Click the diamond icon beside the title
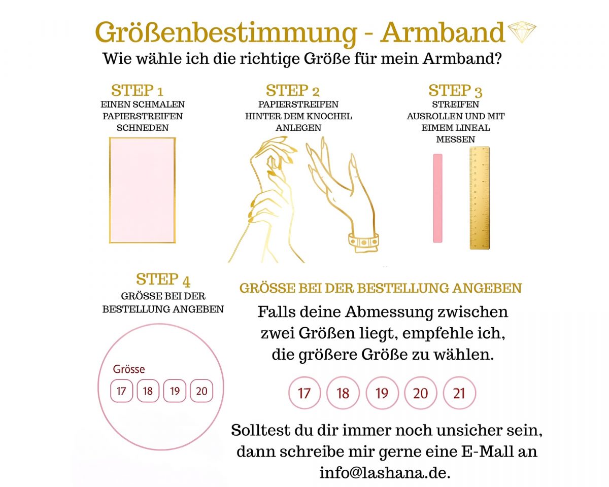click(x=522, y=32)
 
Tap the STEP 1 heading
click(x=137, y=91)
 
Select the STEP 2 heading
click(x=293, y=91)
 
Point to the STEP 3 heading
click(x=455, y=91)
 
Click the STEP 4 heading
click(x=163, y=280)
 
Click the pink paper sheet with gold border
click(x=142, y=190)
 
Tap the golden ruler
click(x=479, y=198)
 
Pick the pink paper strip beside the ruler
click(x=437, y=198)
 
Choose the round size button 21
click(x=459, y=393)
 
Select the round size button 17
click(x=304, y=393)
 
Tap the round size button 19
click(x=382, y=393)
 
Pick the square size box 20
click(x=201, y=391)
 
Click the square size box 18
click(x=148, y=391)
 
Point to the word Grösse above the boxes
click(x=129, y=369)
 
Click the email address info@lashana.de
click(x=384, y=473)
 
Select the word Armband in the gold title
click(x=443, y=32)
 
